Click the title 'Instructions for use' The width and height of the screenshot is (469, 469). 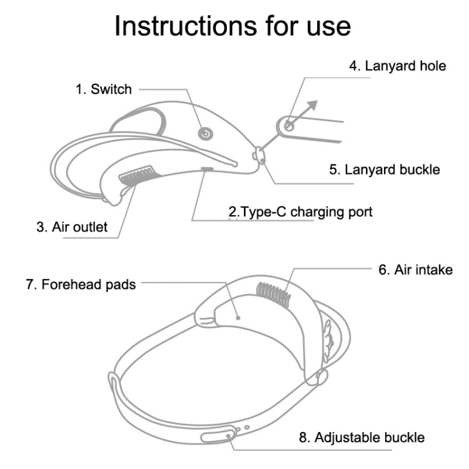point(233,26)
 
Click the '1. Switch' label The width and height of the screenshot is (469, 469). point(104,89)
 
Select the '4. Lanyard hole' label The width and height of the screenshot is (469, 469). point(397,66)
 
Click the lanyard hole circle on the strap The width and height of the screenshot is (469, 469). point(289,126)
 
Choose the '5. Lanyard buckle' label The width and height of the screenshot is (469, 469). point(385,169)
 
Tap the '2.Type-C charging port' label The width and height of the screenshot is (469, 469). point(300,212)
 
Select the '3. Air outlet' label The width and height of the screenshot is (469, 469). point(71,226)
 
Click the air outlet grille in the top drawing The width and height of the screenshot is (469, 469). point(137,175)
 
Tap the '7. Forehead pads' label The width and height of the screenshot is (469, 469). point(81,285)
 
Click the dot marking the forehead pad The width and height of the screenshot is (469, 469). point(238,317)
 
